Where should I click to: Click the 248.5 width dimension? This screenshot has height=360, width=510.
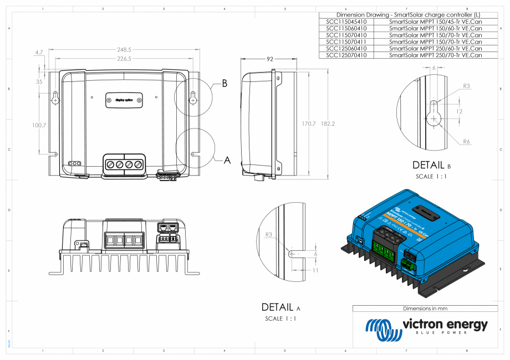(124, 50)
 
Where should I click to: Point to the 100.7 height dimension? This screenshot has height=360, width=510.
(39, 126)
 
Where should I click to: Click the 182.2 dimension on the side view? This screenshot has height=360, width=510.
(328, 124)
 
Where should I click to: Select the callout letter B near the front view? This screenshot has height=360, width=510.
(225, 84)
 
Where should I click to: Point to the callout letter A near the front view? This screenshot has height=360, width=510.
(227, 161)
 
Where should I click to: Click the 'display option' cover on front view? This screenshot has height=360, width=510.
(124, 100)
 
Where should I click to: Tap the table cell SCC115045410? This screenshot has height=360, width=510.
(346, 22)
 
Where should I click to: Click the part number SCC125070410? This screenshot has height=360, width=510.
(346, 55)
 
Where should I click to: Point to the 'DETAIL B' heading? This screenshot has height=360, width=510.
(432, 165)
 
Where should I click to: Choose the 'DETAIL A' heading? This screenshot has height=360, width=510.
(280, 307)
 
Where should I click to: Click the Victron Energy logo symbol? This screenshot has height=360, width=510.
(383, 329)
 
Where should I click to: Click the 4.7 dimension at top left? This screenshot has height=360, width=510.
(39, 53)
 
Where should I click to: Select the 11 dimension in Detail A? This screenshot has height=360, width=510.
(315, 270)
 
